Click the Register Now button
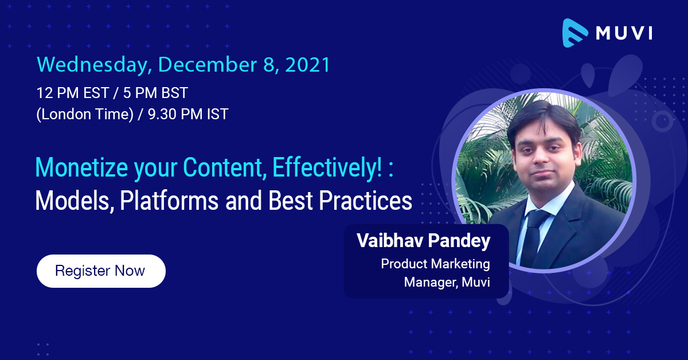[x=101, y=271]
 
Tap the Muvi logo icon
[x=574, y=33]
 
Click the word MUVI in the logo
[x=624, y=33]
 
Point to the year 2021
[x=307, y=65]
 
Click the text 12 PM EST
[x=73, y=93]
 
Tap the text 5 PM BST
[x=155, y=93]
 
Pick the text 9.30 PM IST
[x=188, y=114]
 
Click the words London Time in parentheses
[x=85, y=115]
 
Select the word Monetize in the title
[x=81, y=167]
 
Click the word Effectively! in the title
[x=327, y=168]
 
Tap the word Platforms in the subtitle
[x=169, y=200]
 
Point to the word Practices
[x=366, y=200]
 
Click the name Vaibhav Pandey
[x=424, y=241]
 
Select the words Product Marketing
[x=436, y=264]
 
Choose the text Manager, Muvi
[x=447, y=282]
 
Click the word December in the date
[x=208, y=65]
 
